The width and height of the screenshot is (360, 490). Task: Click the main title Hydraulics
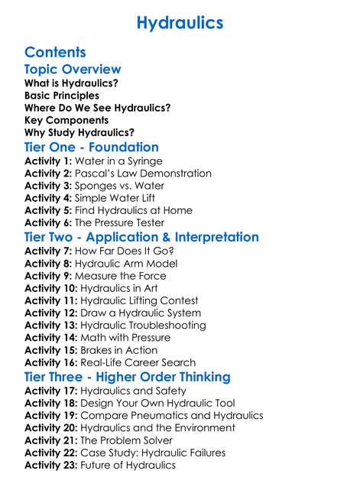point(180,23)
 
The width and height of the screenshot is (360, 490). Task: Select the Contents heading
point(55,52)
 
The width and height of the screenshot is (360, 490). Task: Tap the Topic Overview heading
point(73,70)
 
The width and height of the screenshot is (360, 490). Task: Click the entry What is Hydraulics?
point(71,83)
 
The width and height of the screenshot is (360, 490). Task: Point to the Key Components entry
point(66,120)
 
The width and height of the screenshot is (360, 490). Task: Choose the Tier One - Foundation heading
point(92,147)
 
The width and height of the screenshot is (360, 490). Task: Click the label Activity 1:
point(48,161)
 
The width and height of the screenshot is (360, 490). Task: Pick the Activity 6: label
point(48,222)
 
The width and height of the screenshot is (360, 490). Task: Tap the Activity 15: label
point(51,350)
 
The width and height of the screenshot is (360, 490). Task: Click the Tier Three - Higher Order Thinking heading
point(127,377)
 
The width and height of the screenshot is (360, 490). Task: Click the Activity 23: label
point(51,465)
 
